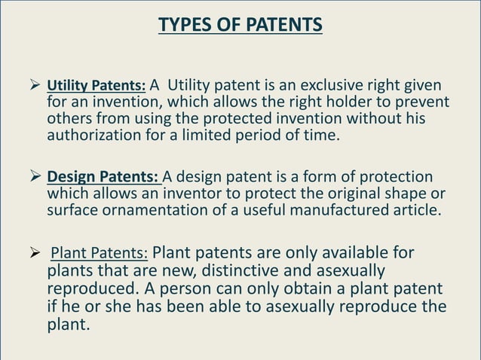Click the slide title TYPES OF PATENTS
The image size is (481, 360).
pos(240,26)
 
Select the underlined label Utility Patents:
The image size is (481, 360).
pos(97,86)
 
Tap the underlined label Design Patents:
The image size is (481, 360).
pos(103,177)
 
